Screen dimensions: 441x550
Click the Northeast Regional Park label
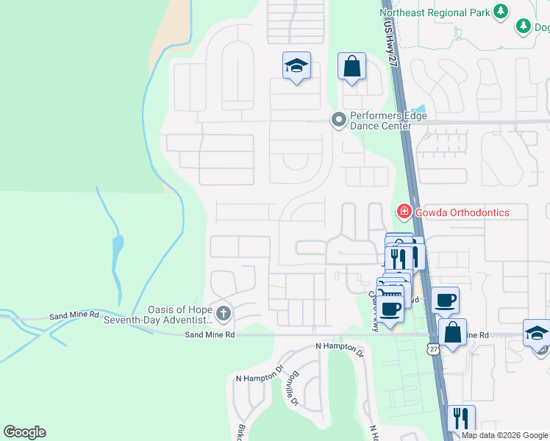coord(434,12)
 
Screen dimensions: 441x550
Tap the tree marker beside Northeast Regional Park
coord(501,11)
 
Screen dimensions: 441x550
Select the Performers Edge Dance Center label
coord(380,121)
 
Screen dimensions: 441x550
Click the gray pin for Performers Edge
coord(338,119)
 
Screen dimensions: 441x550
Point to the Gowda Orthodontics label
coord(462,212)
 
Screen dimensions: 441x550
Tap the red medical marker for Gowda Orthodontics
coord(404,212)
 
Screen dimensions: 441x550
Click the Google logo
coord(24,432)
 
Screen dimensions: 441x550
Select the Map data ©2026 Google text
coord(504,435)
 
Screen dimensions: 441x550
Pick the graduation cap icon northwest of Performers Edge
coord(296,66)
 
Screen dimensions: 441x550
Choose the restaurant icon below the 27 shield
coord(461,418)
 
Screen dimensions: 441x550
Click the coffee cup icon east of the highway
coord(445,300)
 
